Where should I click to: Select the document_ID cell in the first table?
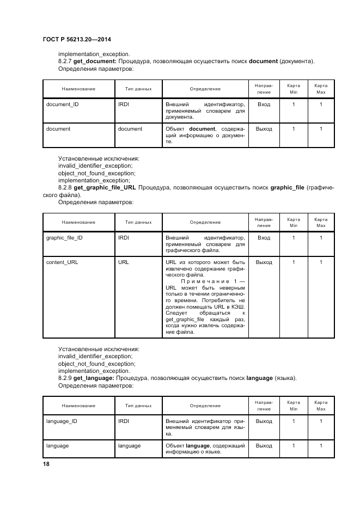[x=62, y=104]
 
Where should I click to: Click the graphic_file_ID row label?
[x=64, y=238]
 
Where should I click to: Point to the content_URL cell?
[x=62, y=262]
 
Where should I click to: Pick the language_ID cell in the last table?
[x=62, y=421]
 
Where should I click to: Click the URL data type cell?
[x=124, y=262]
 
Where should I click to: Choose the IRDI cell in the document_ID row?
[x=123, y=104]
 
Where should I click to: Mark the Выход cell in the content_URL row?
[x=264, y=262]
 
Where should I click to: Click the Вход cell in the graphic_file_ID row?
[x=264, y=238]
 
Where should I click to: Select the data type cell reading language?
[x=129, y=446]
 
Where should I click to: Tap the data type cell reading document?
[x=130, y=129]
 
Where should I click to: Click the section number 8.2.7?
[x=65, y=62]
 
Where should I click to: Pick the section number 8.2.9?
[x=65, y=378]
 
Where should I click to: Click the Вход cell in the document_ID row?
[x=264, y=104]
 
